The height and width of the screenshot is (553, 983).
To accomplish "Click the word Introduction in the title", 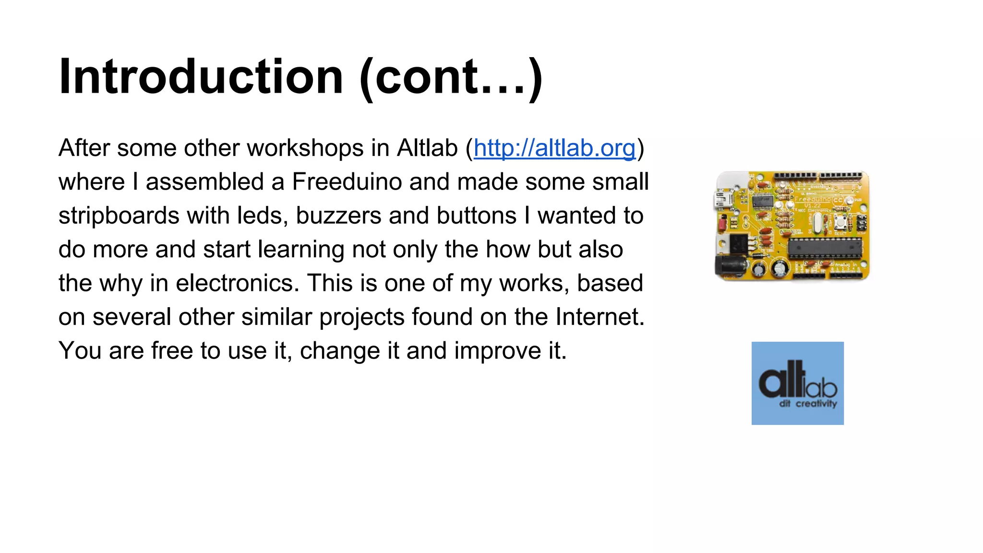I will click(201, 77).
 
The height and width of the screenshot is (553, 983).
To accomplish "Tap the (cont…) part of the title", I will click(451, 77).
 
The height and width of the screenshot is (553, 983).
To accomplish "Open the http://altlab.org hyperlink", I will click(554, 148).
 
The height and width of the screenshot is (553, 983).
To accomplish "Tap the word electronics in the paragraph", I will click(238, 283).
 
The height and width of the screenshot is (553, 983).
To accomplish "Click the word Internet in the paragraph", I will click(600, 317).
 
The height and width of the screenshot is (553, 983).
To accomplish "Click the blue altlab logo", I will click(797, 383).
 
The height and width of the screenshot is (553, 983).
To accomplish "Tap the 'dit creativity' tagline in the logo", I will click(808, 404).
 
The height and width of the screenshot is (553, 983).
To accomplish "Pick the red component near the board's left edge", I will click(721, 224).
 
